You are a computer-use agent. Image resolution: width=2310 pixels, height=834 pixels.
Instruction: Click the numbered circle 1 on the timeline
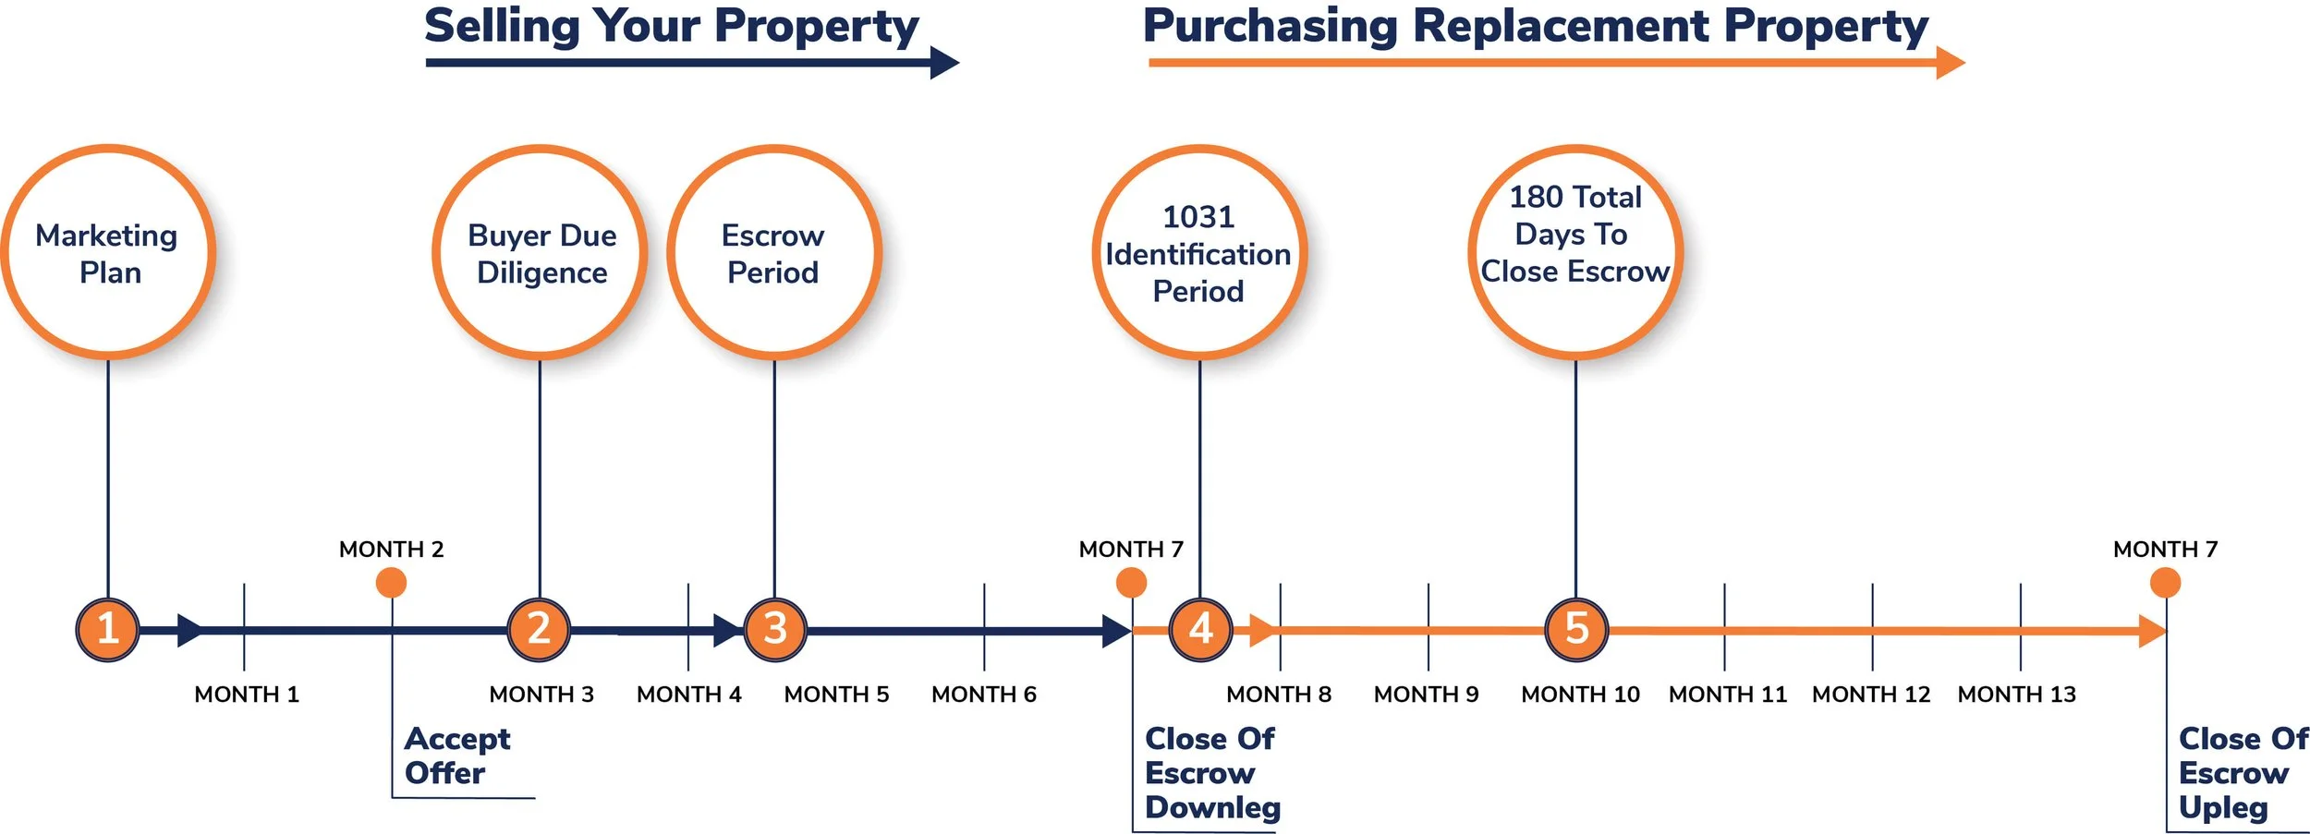point(107,629)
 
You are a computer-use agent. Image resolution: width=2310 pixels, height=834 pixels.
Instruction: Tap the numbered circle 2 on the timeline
point(539,629)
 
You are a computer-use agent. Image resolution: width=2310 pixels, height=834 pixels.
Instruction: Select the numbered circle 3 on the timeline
point(775,629)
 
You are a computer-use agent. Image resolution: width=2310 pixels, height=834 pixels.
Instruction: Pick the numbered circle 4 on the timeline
point(1200,629)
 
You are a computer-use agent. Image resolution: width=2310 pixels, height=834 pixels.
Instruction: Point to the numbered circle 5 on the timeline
point(1576,629)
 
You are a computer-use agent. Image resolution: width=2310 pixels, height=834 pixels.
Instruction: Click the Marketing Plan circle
point(108,252)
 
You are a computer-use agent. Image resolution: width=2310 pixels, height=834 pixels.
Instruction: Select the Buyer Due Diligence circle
point(541,252)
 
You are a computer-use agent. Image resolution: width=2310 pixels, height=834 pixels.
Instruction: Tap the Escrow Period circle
point(774,252)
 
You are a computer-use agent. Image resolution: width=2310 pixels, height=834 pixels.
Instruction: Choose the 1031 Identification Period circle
point(1199,252)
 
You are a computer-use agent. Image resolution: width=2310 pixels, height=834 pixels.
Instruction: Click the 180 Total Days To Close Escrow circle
point(1575,252)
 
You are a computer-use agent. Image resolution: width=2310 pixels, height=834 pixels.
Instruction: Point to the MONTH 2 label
point(391,550)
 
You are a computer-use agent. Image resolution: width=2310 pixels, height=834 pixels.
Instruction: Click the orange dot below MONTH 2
point(391,583)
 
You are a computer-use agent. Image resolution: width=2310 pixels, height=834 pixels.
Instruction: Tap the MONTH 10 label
point(1580,695)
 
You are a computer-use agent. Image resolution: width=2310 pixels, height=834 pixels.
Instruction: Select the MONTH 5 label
point(836,695)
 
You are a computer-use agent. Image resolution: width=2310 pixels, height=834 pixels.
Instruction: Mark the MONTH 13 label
point(2016,695)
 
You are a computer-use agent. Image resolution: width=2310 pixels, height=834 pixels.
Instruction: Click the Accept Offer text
point(456,755)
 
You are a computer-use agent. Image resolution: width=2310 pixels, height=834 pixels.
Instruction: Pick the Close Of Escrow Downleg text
point(1211,773)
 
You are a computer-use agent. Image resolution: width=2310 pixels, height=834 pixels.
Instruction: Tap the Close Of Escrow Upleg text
point(2242,773)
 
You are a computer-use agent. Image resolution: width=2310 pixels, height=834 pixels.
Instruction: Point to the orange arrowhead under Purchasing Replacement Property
point(1950,63)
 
